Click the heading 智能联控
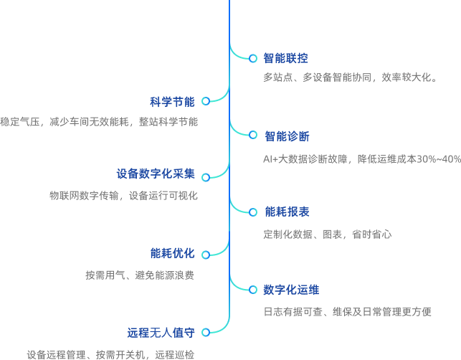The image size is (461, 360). (285, 58)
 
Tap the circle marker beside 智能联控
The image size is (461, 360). (252, 58)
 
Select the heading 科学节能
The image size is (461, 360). (172, 101)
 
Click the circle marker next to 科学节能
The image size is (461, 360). (206, 101)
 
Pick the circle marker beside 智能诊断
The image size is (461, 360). (252, 135)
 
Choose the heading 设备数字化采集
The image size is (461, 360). (156, 174)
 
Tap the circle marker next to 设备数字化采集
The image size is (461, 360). (206, 176)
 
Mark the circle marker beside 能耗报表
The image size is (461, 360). (252, 212)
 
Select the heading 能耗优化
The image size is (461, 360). (172, 253)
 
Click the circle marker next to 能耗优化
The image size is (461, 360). (206, 254)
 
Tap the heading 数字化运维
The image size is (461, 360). (291, 290)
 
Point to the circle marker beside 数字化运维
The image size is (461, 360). (252, 290)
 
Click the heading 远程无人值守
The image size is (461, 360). (161, 332)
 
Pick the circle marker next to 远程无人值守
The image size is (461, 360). (206, 332)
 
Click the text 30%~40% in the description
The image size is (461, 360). (439, 159)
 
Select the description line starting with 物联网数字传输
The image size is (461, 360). (123, 196)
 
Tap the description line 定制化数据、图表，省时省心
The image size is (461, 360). (327, 235)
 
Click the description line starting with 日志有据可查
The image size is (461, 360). (347, 312)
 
